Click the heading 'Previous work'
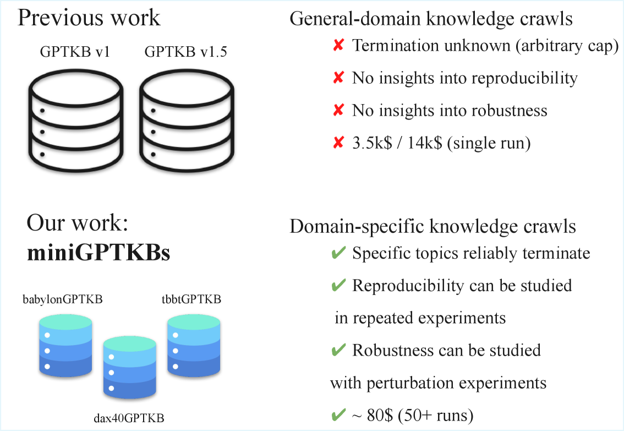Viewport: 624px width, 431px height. pos(89,18)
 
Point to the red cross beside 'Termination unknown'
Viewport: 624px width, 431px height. pos(338,46)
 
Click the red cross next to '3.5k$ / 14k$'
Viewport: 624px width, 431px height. pos(338,144)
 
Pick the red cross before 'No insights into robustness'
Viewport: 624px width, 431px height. pos(338,111)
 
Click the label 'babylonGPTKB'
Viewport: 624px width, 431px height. pos(63,299)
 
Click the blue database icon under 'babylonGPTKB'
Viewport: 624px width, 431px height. pos(65,346)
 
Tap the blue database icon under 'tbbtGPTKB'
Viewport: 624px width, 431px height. pos(194,346)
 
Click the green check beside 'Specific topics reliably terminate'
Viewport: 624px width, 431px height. pos(338,253)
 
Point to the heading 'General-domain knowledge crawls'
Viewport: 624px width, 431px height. pos(431,18)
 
